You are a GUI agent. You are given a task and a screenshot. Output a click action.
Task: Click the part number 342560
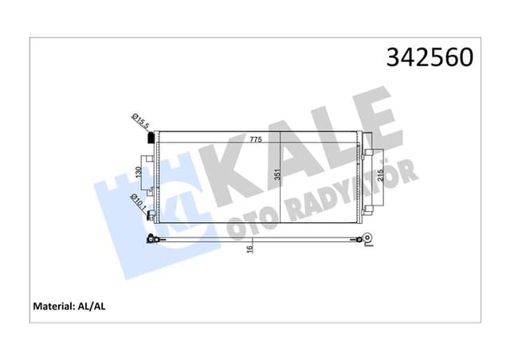coord(430,57)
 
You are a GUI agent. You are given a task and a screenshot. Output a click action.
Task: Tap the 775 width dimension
coord(255,139)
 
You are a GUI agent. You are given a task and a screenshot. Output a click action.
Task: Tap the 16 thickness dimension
coord(249,248)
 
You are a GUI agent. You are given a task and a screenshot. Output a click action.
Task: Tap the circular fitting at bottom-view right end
coord(367,237)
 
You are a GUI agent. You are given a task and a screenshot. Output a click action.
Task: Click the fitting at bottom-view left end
coord(151,239)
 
